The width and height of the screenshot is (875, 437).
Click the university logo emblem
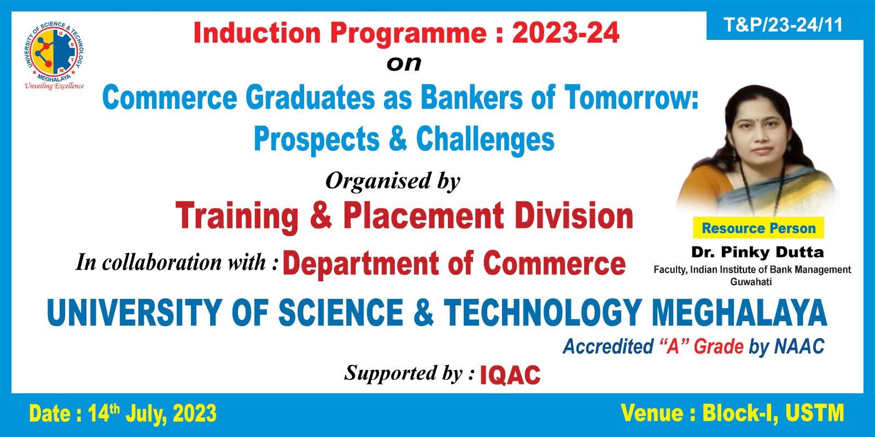tap(54, 50)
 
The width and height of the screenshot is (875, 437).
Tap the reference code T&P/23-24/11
tap(783, 25)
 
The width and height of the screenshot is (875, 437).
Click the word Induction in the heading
tap(257, 33)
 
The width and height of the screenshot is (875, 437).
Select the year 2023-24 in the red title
tap(565, 33)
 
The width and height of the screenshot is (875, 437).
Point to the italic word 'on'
tap(404, 63)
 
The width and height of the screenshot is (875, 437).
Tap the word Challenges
tap(485, 140)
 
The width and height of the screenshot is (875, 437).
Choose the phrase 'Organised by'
tap(393, 181)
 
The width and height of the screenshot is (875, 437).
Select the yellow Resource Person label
tap(759, 228)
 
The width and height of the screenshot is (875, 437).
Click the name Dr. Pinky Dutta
tap(757, 252)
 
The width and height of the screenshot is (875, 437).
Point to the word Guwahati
tap(751, 282)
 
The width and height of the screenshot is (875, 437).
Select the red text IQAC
tap(510, 375)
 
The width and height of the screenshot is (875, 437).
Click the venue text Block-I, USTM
tap(773, 413)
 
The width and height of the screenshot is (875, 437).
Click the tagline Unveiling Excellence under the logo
tap(54, 86)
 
